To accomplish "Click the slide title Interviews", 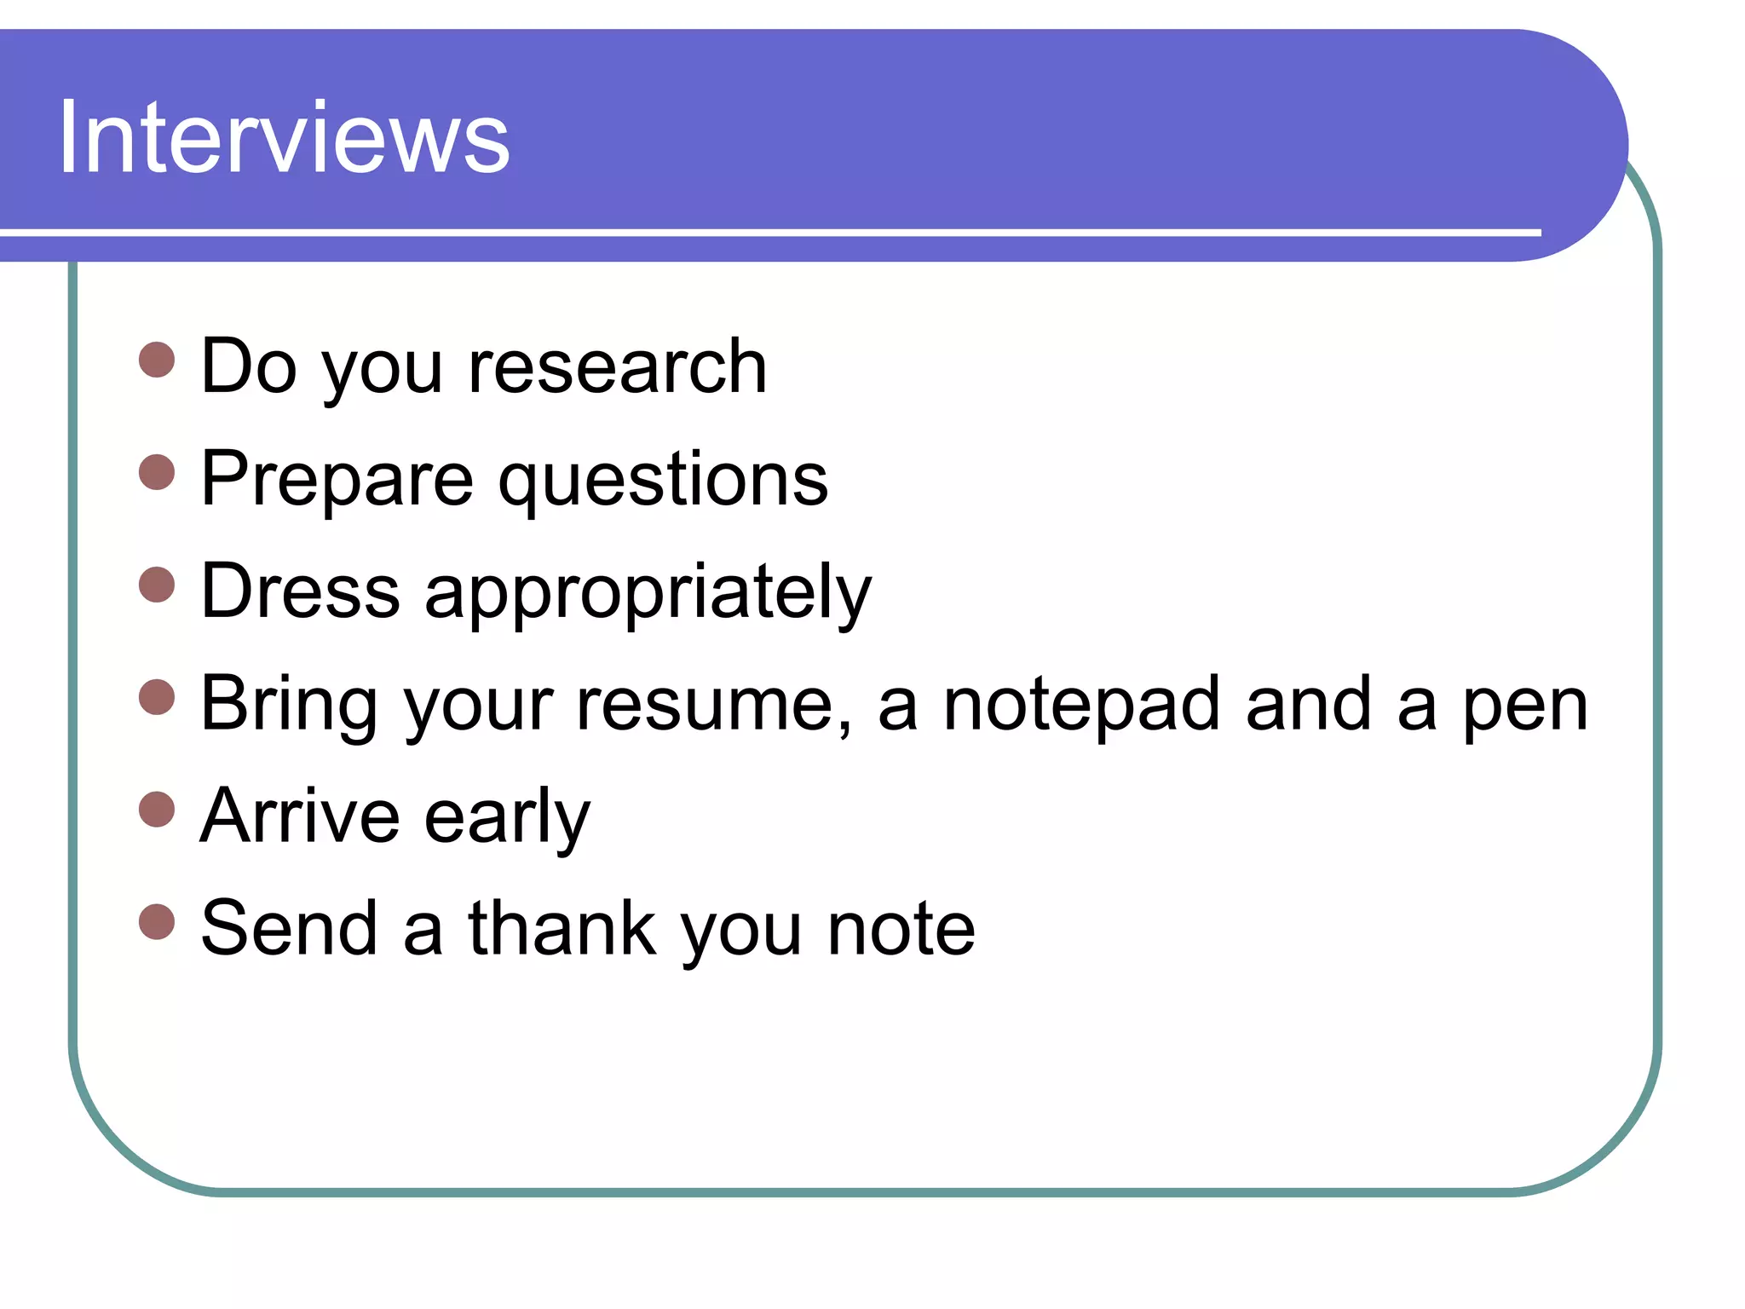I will [284, 138].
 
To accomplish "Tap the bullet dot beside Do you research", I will [157, 360].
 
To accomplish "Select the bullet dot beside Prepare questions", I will [157, 472].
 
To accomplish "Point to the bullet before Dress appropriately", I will [157, 585].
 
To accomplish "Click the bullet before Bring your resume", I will [157, 697].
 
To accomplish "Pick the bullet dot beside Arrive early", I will [157, 810].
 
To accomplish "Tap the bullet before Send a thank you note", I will [157, 922].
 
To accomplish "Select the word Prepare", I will [337, 481].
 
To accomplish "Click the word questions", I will [663, 481].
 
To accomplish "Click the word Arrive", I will [300, 816].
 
